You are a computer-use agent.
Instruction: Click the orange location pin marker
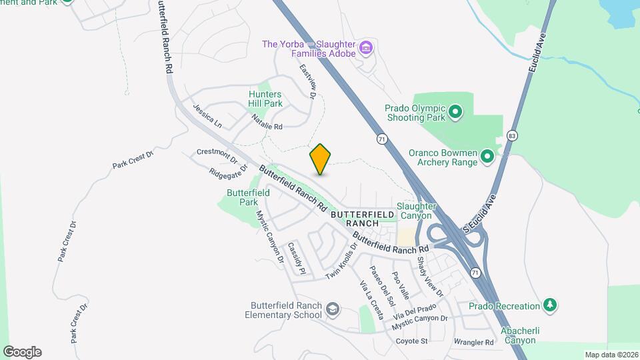[x=321, y=159]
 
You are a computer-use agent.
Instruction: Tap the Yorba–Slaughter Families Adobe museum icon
[x=365, y=47]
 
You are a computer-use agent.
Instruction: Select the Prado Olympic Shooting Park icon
[x=455, y=111]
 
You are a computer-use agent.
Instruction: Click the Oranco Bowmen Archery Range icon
[x=487, y=157]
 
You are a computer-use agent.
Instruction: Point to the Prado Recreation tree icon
[x=550, y=305]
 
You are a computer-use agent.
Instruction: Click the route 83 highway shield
[x=512, y=135]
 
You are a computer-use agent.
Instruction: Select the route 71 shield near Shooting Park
[x=381, y=139]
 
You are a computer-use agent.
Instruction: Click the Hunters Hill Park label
[x=265, y=99]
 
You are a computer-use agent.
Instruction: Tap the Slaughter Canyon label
[x=416, y=211]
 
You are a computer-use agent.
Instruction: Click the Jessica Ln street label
[x=206, y=115]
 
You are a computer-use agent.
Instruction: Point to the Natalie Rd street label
[x=267, y=122]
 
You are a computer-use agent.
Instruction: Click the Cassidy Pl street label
[x=296, y=258]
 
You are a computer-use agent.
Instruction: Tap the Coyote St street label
[x=411, y=341]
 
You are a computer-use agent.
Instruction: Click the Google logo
[x=22, y=352]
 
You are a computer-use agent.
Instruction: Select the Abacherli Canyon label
[x=518, y=335]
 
